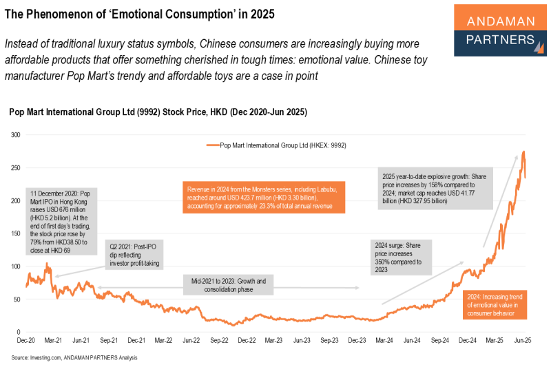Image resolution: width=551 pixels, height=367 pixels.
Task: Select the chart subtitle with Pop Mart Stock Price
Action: tap(158, 112)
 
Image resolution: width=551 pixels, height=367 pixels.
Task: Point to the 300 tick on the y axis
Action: tap(15, 135)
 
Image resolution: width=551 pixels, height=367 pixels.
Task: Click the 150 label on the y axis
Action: tap(15, 233)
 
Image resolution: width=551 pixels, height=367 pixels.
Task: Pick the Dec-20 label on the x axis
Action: tap(26, 341)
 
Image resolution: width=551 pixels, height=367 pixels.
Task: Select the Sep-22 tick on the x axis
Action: tap(219, 341)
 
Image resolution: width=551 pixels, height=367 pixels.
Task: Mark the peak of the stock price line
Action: tap(524, 151)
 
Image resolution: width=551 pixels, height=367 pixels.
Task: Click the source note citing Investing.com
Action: tap(74, 358)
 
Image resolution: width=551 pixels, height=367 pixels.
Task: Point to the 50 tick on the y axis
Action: tap(17, 299)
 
